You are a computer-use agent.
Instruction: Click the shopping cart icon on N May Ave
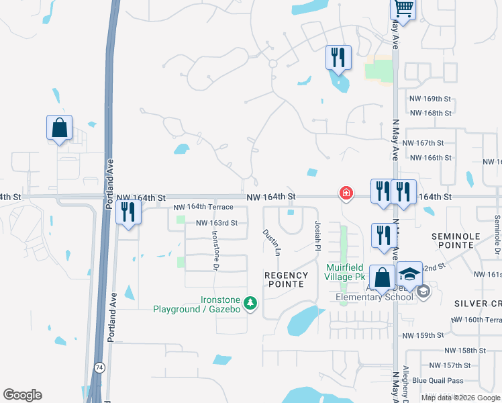(x=403, y=9)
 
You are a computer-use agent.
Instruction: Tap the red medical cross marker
(x=346, y=193)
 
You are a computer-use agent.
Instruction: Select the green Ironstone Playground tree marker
(x=250, y=304)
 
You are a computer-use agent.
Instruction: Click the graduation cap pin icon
(x=409, y=274)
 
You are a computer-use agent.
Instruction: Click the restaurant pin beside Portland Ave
(x=127, y=212)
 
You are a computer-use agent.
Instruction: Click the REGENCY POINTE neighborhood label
(x=287, y=279)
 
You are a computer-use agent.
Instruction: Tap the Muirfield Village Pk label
(x=344, y=272)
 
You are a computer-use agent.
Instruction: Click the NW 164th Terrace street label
(x=203, y=208)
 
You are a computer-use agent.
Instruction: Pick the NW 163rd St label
(x=217, y=223)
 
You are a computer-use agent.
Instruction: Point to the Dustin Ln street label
(x=272, y=242)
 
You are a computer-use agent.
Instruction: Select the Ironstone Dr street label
(x=215, y=251)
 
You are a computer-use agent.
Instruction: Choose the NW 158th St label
(x=466, y=351)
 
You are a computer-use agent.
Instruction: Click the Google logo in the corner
(x=22, y=395)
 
